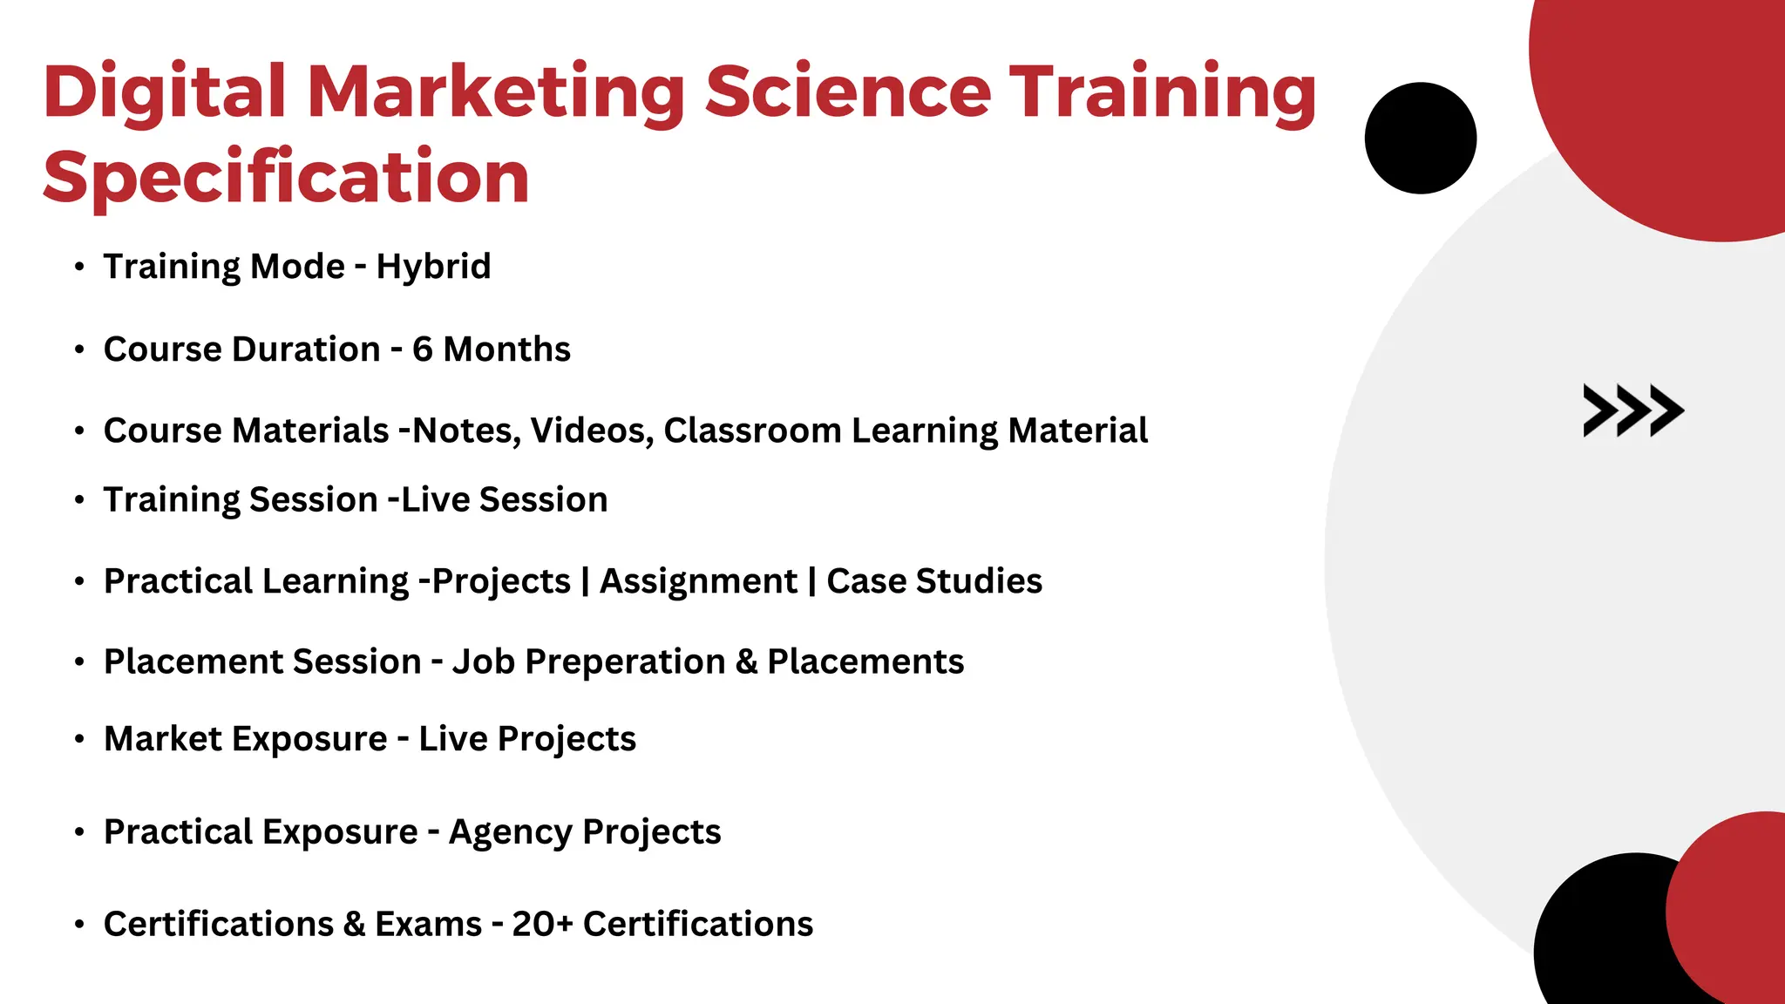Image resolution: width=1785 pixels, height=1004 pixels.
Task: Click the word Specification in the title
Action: point(286,178)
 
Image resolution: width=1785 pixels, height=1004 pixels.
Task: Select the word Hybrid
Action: point(433,267)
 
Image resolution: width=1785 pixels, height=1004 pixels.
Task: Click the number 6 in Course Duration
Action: point(423,349)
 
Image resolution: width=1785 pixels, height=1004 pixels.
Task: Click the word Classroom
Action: point(752,431)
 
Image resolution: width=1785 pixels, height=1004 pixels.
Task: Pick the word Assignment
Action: point(698,581)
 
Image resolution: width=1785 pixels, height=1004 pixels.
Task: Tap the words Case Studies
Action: point(934,581)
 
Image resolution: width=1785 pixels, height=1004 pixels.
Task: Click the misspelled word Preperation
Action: point(625,662)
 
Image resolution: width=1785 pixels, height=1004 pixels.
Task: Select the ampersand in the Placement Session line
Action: point(746,662)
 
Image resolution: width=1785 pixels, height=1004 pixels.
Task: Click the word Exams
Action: point(428,924)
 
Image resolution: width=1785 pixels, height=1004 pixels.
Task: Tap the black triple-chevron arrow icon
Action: point(1632,410)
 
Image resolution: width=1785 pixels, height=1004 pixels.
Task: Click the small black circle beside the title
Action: point(1420,138)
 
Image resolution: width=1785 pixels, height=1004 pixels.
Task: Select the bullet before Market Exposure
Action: point(79,739)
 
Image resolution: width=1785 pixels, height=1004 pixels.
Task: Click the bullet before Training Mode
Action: point(79,267)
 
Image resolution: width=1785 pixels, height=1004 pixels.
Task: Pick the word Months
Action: point(506,349)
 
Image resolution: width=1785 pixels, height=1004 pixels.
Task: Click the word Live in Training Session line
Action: point(435,500)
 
